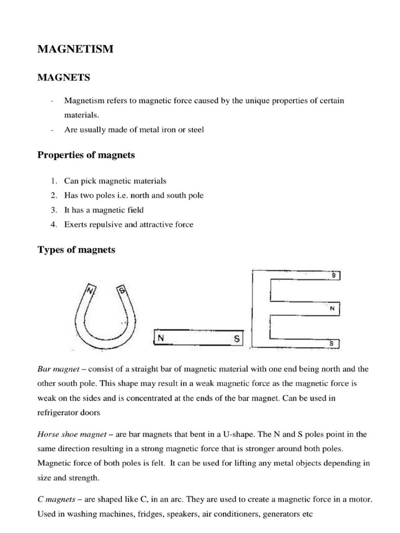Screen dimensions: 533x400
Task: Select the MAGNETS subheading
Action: pyautogui.click(x=63, y=78)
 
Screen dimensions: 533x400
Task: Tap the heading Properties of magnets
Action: pyautogui.click(x=86, y=155)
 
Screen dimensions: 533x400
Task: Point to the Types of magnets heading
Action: pyautogui.click(x=77, y=250)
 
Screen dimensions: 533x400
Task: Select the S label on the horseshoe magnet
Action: pyautogui.click(x=122, y=290)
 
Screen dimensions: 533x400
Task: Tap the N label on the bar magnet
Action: pyautogui.click(x=161, y=339)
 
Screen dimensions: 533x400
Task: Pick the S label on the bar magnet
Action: pyautogui.click(x=236, y=339)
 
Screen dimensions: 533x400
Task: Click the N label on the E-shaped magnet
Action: pyautogui.click(x=331, y=309)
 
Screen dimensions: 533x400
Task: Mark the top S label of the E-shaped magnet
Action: pyautogui.click(x=333, y=275)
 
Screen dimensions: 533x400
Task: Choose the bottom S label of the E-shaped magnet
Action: pyautogui.click(x=332, y=344)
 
